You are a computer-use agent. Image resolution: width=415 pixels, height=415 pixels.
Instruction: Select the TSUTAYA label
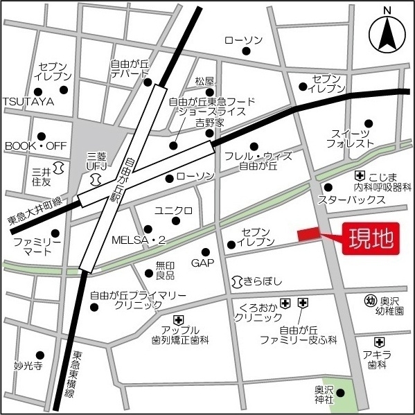(x=28, y=101)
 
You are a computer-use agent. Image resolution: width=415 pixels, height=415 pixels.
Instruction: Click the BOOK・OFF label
(x=35, y=146)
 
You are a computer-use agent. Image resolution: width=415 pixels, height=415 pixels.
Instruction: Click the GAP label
(x=202, y=263)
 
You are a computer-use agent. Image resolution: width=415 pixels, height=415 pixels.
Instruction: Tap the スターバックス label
(x=351, y=200)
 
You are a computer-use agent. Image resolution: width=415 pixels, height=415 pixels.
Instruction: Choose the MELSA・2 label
(x=139, y=240)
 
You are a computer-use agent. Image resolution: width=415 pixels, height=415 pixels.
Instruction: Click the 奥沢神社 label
(x=320, y=394)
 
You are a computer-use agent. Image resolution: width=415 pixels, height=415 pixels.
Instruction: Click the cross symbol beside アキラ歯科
(x=379, y=342)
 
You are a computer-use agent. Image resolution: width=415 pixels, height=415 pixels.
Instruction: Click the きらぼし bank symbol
(x=238, y=281)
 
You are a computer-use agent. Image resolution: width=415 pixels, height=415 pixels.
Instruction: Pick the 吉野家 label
(x=209, y=122)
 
